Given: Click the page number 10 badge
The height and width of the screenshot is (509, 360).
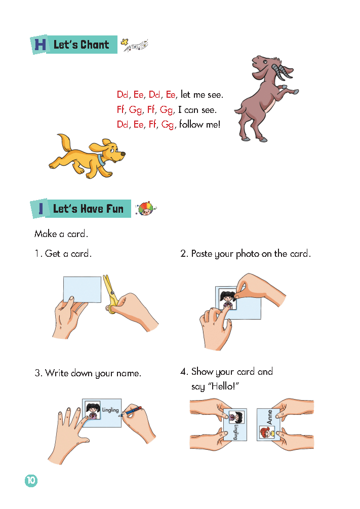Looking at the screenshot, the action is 31,481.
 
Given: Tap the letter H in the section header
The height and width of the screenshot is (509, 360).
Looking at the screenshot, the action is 40,45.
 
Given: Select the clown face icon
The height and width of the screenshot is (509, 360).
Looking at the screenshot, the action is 146,208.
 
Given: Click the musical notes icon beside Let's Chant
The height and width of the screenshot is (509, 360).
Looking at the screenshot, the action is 134,45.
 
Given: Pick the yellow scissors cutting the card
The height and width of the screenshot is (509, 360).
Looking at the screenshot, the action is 111,294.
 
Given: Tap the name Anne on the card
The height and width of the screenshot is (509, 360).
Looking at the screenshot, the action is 269,417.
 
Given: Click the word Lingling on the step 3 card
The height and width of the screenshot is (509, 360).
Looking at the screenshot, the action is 110,410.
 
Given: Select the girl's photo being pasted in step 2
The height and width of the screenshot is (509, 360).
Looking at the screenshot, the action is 227,298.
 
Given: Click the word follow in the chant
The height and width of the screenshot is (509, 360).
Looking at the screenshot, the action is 191,124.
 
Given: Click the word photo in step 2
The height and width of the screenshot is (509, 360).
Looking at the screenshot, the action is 248,254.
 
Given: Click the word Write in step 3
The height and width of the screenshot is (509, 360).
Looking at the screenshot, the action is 57,373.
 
